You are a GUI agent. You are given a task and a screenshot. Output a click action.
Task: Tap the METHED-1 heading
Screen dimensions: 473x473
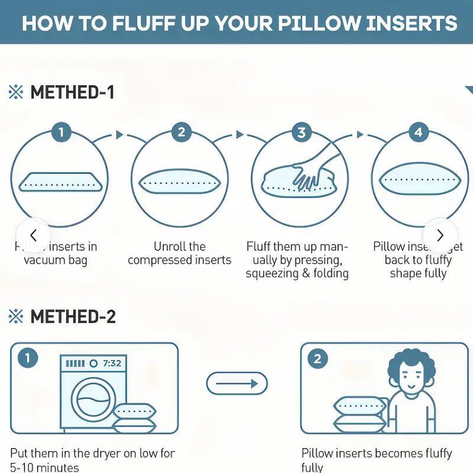[72, 92]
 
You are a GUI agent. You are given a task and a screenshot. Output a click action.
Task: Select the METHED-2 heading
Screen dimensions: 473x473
[73, 316]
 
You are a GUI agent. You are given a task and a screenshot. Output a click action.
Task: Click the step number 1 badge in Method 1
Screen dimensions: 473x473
[60, 132]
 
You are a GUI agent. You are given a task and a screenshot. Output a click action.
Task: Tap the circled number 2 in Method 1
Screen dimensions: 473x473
[181, 132]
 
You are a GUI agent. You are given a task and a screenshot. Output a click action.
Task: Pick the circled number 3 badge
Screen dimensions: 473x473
[302, 132]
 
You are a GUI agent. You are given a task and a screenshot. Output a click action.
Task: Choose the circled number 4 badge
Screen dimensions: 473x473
[419, 132]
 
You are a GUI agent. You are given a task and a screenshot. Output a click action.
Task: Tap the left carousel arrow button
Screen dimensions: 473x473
[33, 235]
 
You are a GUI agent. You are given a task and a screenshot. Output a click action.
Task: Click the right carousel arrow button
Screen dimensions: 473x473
[440, 235]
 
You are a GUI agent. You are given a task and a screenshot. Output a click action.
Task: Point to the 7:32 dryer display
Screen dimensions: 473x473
[112, 364]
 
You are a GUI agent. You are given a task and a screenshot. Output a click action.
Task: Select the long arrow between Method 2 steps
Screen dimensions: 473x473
[237, 384]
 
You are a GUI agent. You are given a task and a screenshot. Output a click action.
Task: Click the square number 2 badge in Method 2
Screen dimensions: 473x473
[318, 358]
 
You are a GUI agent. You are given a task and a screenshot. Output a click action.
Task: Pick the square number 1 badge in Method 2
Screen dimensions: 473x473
[27, 358]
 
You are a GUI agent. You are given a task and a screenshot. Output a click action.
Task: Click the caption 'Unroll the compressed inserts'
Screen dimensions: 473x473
[179, 253]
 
